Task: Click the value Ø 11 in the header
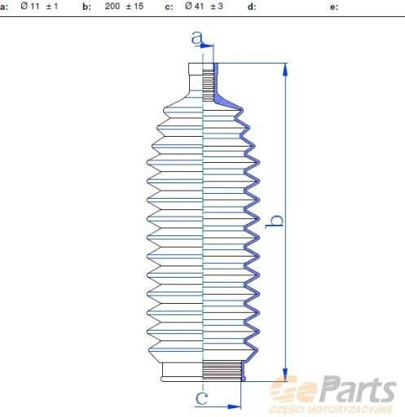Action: click(30, 6)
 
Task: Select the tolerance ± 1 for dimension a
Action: click(52, 6)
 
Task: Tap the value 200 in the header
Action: click(112, 6)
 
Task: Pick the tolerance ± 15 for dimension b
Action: click(134, 6)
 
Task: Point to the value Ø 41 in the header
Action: click(194, 6)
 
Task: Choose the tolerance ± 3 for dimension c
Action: click(217, 6)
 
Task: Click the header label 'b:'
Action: click(86, 7)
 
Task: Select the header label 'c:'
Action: click(169, 7)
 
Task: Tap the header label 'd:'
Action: click(252, 7)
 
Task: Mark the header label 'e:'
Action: click(334, 7)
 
